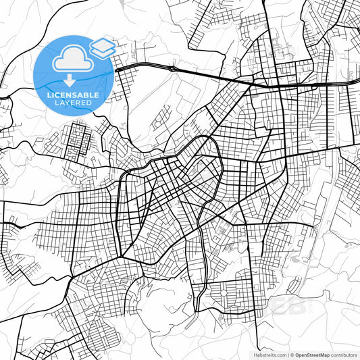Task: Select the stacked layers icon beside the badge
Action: pyautogui.click(x=103, y=47)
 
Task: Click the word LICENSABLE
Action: pyautogui.click(x=73, y=95)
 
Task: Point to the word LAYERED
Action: pyautogui.click(x=73, y=103)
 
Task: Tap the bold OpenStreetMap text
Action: pyautogui.click(x=312, y=355)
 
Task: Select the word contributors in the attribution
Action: pyautogui.click(x=344, y=355)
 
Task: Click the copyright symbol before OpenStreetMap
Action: pyautogui.click(x=292, y=355)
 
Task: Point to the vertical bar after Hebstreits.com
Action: pyautogui.click(x=287, y=355)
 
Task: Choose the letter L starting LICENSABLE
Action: pyautogui.click(x=49, y=95)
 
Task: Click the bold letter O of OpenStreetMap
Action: pyautogui.click(x=298, y=355)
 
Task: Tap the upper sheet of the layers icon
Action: pyautogui.click(x=103, y=43)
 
